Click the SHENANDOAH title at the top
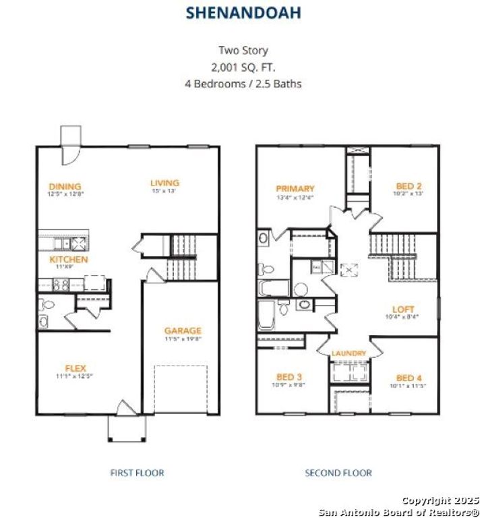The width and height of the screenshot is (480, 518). click(243, 12)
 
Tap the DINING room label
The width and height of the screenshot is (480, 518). click(65, 186)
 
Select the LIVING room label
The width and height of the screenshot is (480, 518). click(164, 183)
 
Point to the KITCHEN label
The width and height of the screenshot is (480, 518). click(69, 259)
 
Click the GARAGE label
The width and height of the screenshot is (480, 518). click(183, 330)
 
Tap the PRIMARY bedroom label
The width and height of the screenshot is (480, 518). click(295, 189)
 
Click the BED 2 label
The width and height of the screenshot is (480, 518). click(409, 186)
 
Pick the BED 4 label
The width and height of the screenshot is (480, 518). click(409, 378)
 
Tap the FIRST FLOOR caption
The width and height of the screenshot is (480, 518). click(137, 473)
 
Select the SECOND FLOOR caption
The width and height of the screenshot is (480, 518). click(338, 473)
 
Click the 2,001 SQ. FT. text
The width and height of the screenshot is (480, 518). click(243, 67)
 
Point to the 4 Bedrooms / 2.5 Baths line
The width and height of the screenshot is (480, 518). click(243, 84)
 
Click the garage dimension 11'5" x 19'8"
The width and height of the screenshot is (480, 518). click(183, 340)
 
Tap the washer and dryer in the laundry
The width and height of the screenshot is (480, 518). click(350, 374)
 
